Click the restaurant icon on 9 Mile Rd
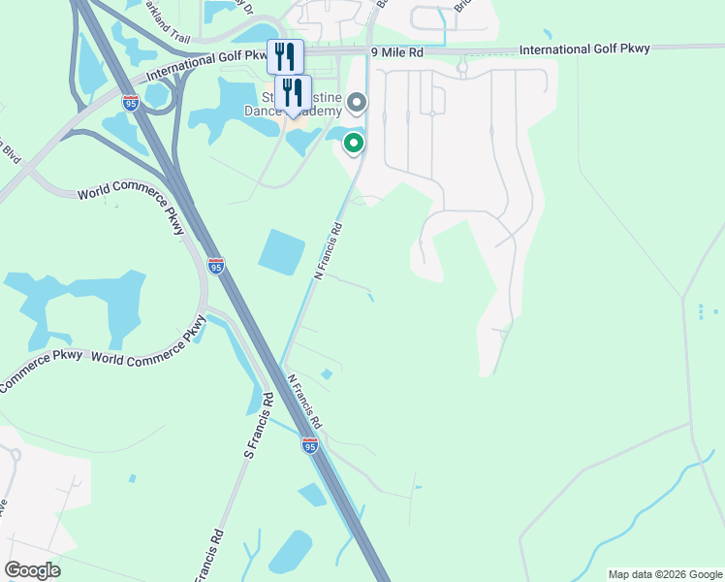pyautogui.click(x=286, y=56)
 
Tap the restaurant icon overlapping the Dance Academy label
pyautogui.click(x=293, y=93)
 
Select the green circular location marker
pyautogui.click(x=354, y=145)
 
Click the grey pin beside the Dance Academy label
pyautogui.click(x=357, y=102)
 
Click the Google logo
pyautogui.click(x=32, y=570)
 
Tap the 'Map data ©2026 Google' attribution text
pyautogui.click(x=664, y=574)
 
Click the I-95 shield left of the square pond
pyautogui.click(x=215, y=265)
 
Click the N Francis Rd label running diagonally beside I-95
pyautogui.click(x=303, y=403)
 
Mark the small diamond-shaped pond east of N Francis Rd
pyautogui.click(x=327, y=373)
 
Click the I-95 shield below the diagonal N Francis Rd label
pyautogui.click(x=309, y=445)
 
